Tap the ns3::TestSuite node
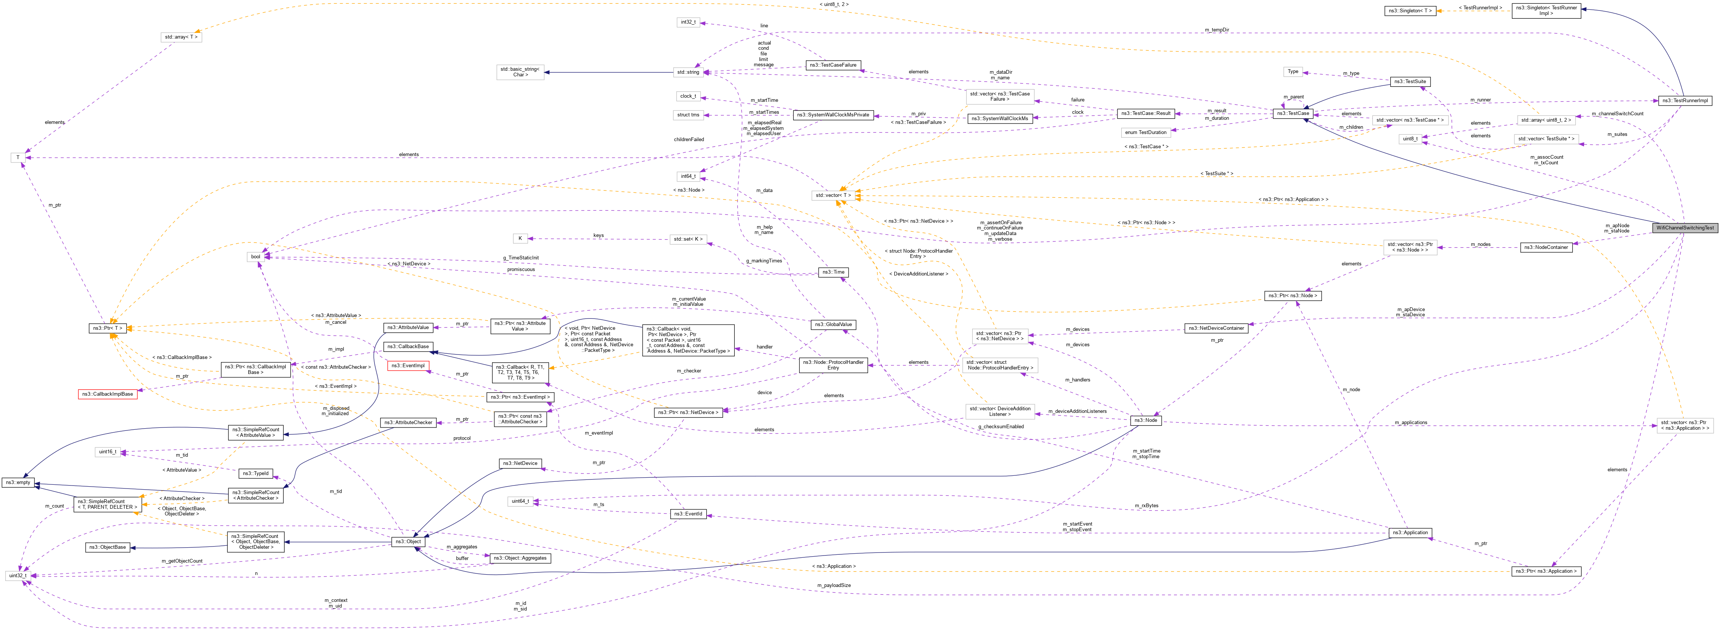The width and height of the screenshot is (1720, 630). (x=1410, y=82)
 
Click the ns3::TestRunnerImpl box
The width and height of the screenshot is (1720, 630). (x=1685, y=101)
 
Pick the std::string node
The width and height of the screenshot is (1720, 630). (x=688, y=72)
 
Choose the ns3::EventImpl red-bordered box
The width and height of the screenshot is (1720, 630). (x=407, y=366)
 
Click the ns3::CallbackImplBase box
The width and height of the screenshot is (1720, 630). (x=107, y=395)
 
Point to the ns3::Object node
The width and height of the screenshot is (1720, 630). (x=408, y=541)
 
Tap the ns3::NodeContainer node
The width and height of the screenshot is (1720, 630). (x=1546, y=247)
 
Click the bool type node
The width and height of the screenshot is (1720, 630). (x=256, y=257)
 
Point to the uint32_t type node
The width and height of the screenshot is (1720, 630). (x=17, y=575)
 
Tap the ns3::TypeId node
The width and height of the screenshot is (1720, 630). (x=256, y=473)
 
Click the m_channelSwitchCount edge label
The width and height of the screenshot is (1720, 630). (x=1617, y=113)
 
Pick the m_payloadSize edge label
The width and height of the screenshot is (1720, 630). (x=833, y=585)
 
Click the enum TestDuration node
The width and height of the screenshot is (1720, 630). (x=1146, y=132)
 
